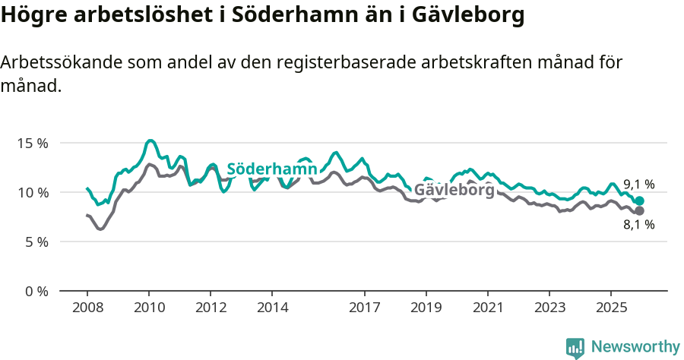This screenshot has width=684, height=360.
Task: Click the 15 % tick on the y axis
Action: pyautogui.click(x=32, y=143)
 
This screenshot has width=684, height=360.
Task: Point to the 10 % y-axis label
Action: pyautogui.click(x=32, y=192)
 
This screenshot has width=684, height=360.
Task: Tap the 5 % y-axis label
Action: pyautogui.click(x=35, y=242)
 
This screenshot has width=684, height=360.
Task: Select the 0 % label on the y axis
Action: pyautogui.click(x=35, y=291)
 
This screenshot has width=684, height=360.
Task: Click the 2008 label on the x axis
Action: pyautogui.click(x=87, y=308)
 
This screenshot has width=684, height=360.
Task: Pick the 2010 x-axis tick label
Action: pyautogui.click(x=149, y=308)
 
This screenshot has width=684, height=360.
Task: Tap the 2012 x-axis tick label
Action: pyautogui.click(x=211, y=308)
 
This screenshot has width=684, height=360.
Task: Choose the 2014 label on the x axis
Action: pyautogui.click(x=273, y=308)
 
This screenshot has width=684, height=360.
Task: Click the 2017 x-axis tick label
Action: pyautogui.click(x=365, y=308)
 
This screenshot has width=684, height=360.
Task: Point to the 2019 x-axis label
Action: pyautogui.click(x=426, y=308)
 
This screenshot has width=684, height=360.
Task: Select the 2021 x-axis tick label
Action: pyautogui.click(x=488, y=308)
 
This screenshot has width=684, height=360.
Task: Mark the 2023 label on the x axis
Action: pyautogui.click(x=549, y=308)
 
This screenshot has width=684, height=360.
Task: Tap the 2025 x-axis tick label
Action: pyautogui.click(x=611, y=308)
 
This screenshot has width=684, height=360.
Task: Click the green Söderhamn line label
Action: pyautogui.click(x=271, y=169)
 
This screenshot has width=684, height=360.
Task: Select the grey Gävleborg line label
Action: pyautogui.click(x=454, y=190)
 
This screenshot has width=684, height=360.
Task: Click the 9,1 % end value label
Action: pyautogui.click(x=638, y=184)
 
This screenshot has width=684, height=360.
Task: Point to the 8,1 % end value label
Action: pyautogui.click(x=638, y=224)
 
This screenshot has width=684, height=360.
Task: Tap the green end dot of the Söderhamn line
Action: pyautogui.click(x=639, y=201)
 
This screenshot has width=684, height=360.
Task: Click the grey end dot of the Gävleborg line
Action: pyautogui.click(x=639, y=210)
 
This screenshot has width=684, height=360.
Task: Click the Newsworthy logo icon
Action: pyautogui.click(x=575, y=348)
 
